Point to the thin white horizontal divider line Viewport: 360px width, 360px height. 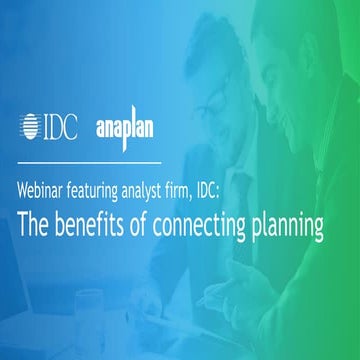coord(89,160)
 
